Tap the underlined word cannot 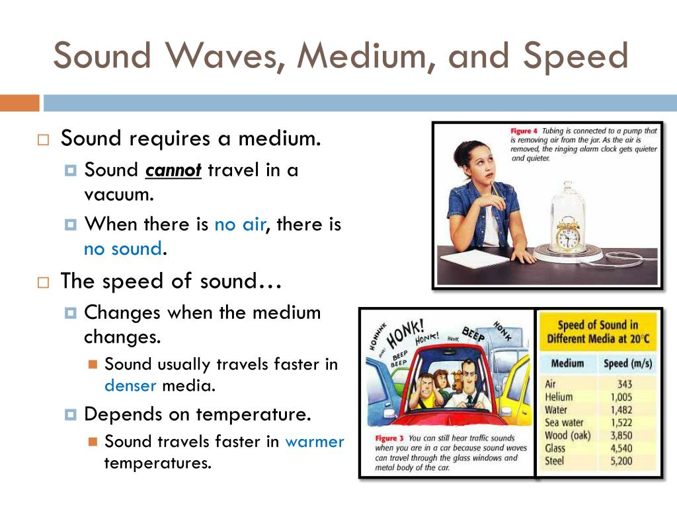(x=173, y=170)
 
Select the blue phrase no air (x=239, y=224)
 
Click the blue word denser (x=130, y=386)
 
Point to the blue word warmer (x=315, y=441)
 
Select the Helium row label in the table (x=559, y=397)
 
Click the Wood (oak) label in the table (x=567, y=436)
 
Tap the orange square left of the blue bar (x=19, y=103)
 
